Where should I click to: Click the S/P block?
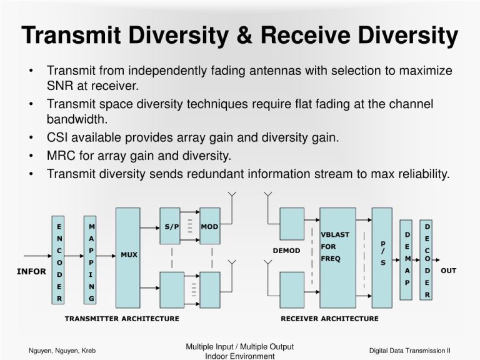click(171, 226)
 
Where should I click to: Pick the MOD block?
click(209, 226)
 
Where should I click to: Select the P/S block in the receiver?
click(382, 253)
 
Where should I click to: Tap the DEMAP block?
click(407, 259)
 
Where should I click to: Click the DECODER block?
click(427, 259)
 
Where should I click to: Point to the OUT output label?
click(448, 271)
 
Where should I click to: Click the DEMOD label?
click(286, 251)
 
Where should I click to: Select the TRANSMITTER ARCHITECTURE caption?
click(122, 319)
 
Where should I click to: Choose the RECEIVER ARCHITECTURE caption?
click(329, 319)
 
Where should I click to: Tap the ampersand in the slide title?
click(244, 36)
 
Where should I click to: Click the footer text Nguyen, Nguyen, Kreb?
click(62, 351)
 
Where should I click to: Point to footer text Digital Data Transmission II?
click(410, 351)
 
